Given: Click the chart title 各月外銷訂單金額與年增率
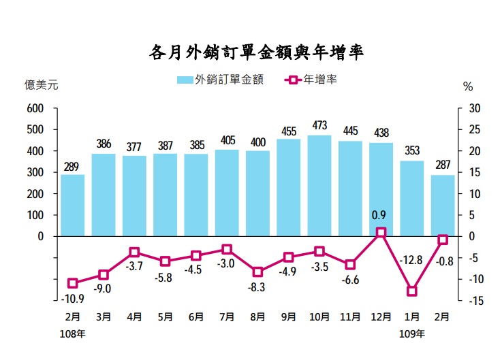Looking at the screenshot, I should (256, 52).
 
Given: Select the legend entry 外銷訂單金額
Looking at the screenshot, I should (220, 80).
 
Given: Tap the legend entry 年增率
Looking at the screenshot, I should (312, 80).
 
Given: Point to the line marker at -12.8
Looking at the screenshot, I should (411, 291).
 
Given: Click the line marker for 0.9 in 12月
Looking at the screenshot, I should (381, 232).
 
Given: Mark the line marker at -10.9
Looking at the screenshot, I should (73, 283).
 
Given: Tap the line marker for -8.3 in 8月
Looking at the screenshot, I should (257, 272).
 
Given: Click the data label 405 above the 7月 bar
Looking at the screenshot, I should (228, 141).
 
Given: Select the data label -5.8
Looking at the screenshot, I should (164, 278).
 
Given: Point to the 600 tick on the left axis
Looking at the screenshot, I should (35, 108).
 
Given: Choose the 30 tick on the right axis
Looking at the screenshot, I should (474, 108).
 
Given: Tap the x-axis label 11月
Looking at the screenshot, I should (350, 316).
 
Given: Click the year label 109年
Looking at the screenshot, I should (411, 334).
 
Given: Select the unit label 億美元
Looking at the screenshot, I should (42, 86).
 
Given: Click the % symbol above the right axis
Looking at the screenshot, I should (468, 86).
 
